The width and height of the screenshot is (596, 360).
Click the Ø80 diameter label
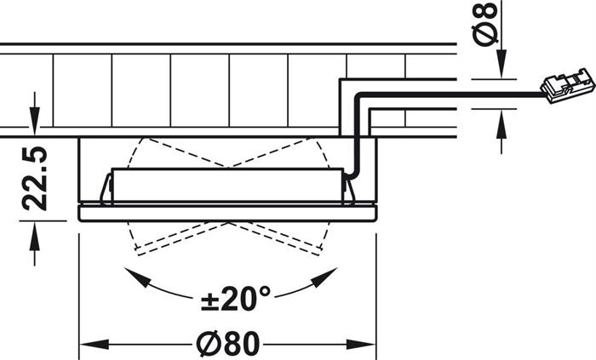click(x=227, y=344)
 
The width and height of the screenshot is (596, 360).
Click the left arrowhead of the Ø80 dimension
click(x=86, y=345)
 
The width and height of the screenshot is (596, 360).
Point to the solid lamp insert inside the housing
click(x=227, y=186)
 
